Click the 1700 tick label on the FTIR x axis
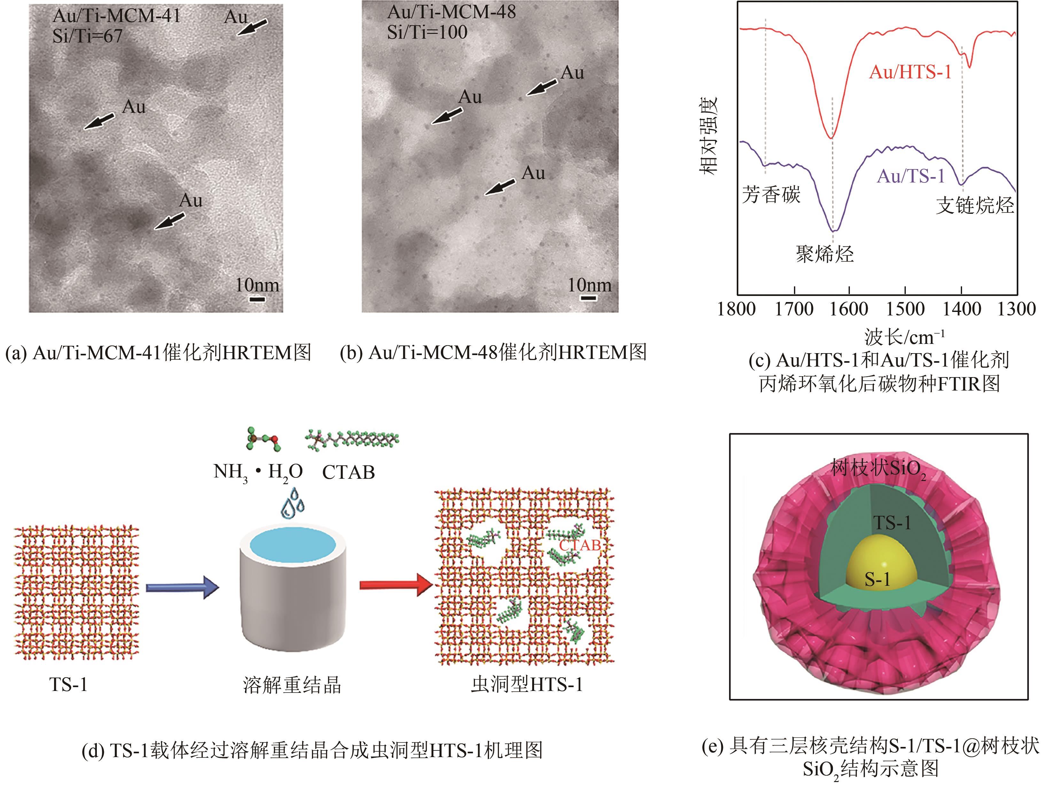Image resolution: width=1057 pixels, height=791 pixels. (x=794, y=309)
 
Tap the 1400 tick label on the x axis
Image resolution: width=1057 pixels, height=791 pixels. (x=961, y=309)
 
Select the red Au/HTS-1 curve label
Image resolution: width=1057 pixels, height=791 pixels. (x=910, y=72)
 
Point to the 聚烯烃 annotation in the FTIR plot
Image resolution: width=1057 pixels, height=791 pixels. (x=825, y=254)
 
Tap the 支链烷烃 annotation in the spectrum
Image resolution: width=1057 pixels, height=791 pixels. (x=975, y=205)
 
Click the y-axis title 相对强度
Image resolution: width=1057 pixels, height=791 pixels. (x=708, y=136)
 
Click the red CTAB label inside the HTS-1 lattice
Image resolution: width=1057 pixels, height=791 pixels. (x=579, y=545)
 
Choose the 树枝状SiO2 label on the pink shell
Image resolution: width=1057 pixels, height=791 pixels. (x=878, y=469)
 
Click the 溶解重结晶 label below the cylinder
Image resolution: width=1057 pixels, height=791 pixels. (x=292, y=685)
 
